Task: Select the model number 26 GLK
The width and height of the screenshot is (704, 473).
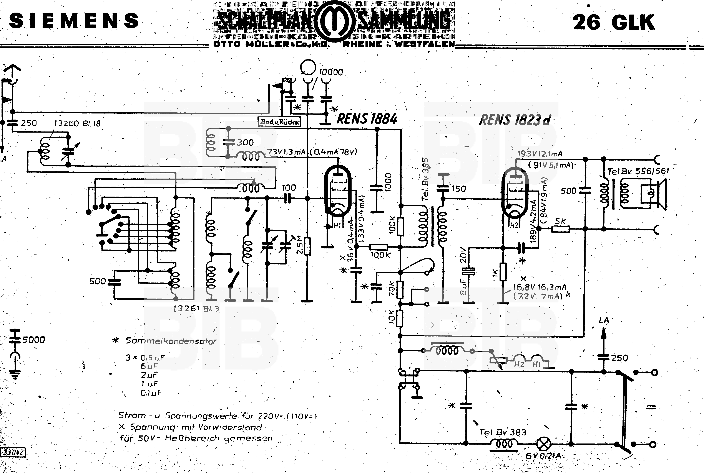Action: pyautogui.click(x=613, y=22)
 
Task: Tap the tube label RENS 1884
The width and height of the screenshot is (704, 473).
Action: pyautogui.click(x=367, y=118)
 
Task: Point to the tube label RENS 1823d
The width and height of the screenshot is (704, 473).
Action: pyautogui.click(x=515, y=120)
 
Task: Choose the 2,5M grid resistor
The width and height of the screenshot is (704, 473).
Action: pyautogui.click(x=307, y=246)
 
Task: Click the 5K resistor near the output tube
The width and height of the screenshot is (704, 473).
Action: pyautogui.click(x=561, y=229)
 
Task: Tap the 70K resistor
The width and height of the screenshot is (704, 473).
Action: pyautogui.click(x=400, y=289)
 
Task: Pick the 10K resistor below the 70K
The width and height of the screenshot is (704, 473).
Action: pyautogui.click(x=400, y=318)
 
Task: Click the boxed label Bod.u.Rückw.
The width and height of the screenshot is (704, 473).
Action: pyautogui.click(x=279, y=122)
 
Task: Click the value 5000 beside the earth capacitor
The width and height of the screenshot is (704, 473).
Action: pyautogui.click(x=34, y=340)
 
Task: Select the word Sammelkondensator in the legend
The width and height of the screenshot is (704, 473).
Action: pyautogui.click(x=171, y=341)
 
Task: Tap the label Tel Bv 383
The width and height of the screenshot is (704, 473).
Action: pyautogui.click(x=503, y=432)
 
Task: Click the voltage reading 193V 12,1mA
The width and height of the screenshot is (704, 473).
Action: pyautogui.click(x=540, y=154)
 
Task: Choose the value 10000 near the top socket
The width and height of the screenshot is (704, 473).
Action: pyautogui.click(x=331, y=72)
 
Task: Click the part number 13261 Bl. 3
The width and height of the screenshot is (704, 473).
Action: pyautogui.click(x=196, y=308)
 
